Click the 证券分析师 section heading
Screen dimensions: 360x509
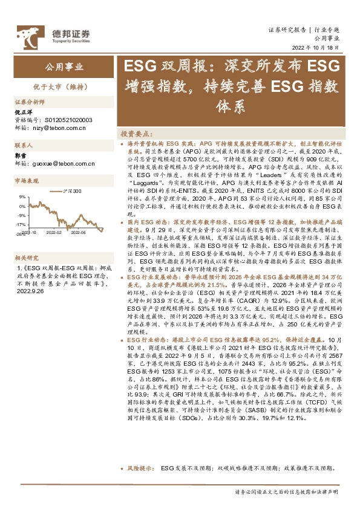[x=30, y=102]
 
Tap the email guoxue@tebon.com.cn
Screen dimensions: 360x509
[x=66, y=163]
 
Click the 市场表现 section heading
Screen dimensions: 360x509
[x=27, y=181]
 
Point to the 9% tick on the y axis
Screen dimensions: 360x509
[x=21, y=197]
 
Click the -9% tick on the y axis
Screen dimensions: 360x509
[x=21, y=215]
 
